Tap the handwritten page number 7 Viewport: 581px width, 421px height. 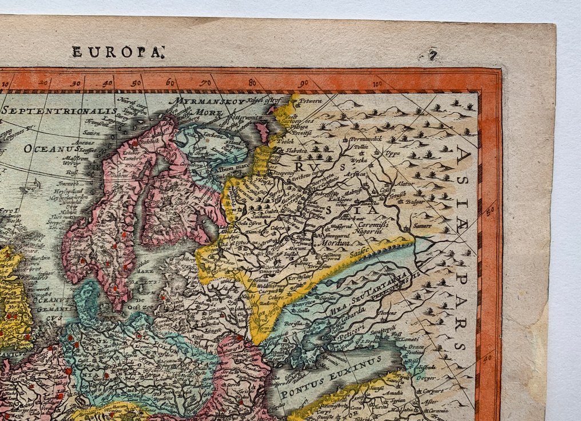coord(433,55)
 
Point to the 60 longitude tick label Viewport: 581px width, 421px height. coord(169,82)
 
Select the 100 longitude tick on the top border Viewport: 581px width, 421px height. coord(376,85)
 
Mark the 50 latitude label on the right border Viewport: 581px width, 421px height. coord(489,211)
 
